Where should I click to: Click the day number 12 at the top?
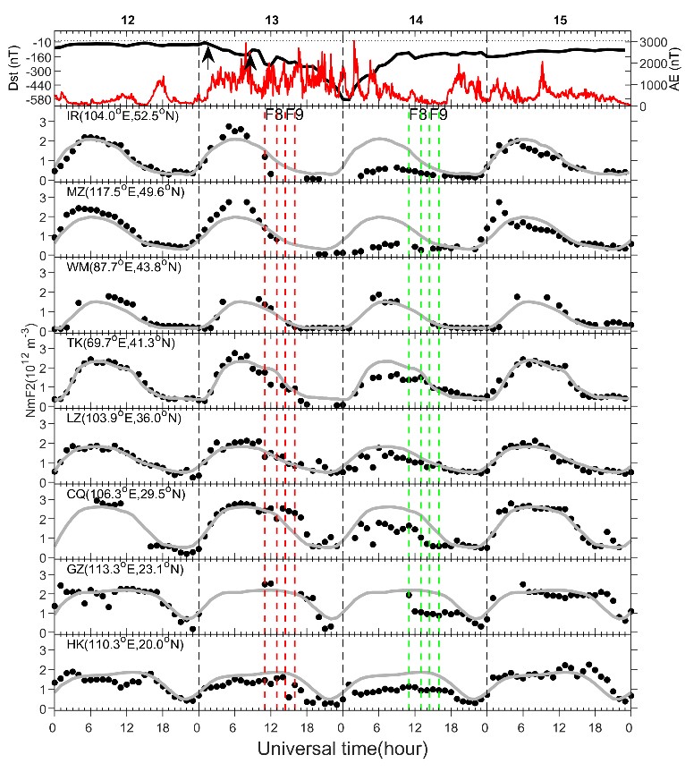click(x=126, y=20)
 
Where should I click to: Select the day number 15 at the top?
click(x=559, y=20)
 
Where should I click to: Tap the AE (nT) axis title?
click(x=673, y=71)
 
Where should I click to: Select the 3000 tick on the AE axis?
click(x=650, y=42)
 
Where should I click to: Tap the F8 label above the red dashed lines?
click(x=273, y=115)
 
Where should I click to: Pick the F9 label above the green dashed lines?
click(x=438, y=115)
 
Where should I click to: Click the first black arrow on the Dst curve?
click(x=208, y=56)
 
